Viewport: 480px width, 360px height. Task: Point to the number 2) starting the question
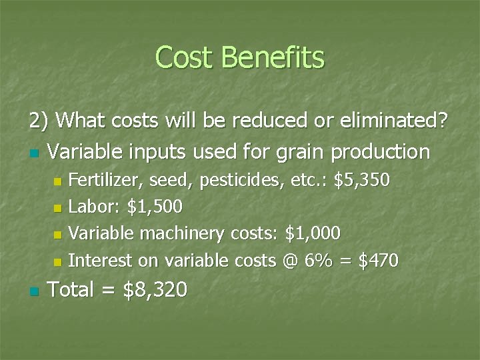click(39, 121)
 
